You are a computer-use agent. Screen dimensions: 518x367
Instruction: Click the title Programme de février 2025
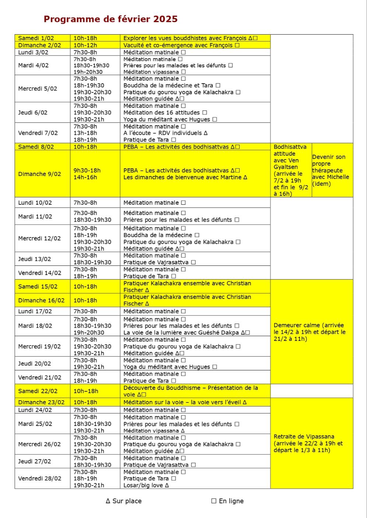pyautogui.click(x=111, y=19)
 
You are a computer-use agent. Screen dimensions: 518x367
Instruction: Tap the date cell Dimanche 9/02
pyautogui.click(x=39, y=174)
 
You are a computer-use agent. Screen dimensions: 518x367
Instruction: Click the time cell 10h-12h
pyautogui.click(x=85, y=45)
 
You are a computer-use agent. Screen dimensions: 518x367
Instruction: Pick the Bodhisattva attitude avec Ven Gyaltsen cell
pyautogui.click(x=291, y=170)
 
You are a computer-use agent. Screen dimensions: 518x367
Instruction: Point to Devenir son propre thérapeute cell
pyautogui.click(x=331, y=170)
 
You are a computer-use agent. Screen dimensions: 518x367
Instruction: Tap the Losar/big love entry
pyautogui.click(x=146, y=485)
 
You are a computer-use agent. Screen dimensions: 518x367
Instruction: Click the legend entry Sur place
pyautogui.click(x=123, y=501)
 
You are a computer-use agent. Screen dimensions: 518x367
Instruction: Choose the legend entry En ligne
pyautogui.click(x=227, y=501)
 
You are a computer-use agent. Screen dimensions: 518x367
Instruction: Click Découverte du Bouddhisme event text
pyautogui.click(x=191, y=391)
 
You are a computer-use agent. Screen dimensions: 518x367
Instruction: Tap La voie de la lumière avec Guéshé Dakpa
pyautogui.click(x=186, y=332)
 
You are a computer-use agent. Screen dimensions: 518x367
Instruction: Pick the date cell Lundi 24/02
pyautogui.click(x=35, y=410)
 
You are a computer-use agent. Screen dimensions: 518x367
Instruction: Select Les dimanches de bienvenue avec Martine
pyautogui.click(x=185, y=177)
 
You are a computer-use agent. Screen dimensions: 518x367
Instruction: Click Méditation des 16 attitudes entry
pyautogui.click(x=165, y=113)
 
